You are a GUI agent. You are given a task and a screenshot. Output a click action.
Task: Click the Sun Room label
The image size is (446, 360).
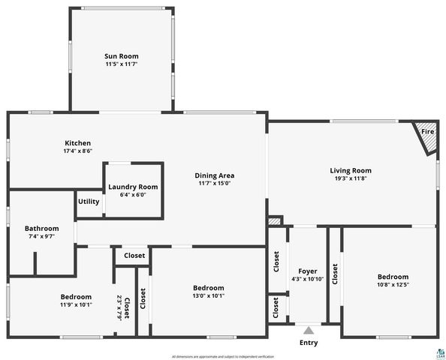[x=121, y=56]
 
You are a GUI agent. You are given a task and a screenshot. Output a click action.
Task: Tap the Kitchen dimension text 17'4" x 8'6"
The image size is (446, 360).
[x=77, y=151]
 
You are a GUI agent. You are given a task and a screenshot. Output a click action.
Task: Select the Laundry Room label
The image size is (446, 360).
[x=133, y=187]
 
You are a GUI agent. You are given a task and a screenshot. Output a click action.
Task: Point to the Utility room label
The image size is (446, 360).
[x=89, y=202]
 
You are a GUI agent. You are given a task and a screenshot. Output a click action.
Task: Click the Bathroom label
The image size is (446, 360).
[x=41, y=228]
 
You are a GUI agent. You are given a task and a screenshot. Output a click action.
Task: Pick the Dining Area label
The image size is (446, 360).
[x=215, y=175]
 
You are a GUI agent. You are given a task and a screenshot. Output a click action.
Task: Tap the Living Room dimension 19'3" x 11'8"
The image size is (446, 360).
[x=352, y=178]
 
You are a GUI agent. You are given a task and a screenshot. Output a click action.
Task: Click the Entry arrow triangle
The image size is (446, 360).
[x=308, y=328]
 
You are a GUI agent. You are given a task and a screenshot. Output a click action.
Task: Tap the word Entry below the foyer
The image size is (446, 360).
[x=308, y=343]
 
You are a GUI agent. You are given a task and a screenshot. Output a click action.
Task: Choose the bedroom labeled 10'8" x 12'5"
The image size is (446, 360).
[x=393, y=280]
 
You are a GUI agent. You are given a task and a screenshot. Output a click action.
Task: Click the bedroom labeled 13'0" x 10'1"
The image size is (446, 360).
[x=208, y=292]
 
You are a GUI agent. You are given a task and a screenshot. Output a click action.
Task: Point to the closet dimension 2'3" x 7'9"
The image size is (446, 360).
[x=119, y=306]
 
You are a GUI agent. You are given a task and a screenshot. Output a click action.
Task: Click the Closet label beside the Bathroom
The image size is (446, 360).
[x=134, y=256]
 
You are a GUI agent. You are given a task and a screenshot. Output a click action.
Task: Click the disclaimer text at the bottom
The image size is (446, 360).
[x=223, y=356]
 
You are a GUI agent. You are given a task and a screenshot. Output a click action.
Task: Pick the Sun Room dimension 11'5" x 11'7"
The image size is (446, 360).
[x=121, y=64]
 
